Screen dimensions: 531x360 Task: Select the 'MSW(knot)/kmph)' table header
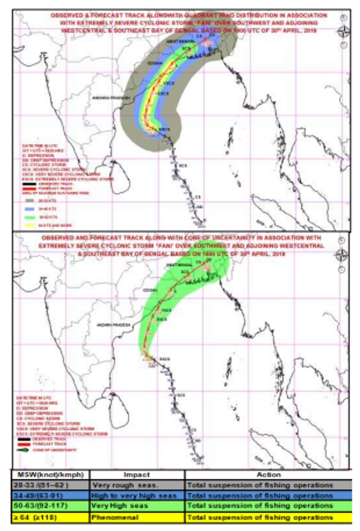point(50,475)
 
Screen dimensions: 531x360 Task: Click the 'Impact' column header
point(137,475)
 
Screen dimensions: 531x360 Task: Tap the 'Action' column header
point(269,475)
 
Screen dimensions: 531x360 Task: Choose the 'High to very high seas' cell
point(137,495)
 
